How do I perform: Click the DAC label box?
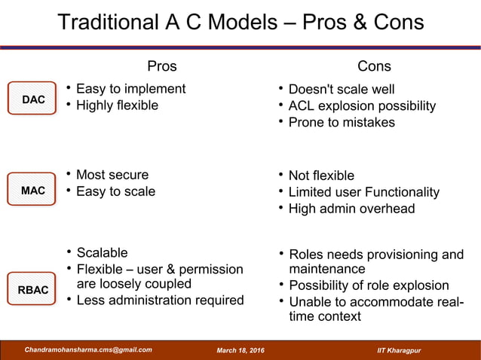point(32,99)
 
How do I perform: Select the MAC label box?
point(32,191)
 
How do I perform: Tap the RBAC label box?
point(32,290)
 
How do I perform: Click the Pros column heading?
point(162,66)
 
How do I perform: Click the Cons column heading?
point(374,66)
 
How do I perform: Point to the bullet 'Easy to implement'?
point(130,89)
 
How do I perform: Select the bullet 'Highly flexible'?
point(117,105)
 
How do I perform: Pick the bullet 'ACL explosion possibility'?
point(362,106)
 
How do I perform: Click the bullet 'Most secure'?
point(112,175)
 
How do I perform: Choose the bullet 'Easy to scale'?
point(115,191)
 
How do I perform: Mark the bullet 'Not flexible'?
point(321,175)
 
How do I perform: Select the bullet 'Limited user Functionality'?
point(364,192)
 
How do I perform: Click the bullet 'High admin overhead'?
point(351,209)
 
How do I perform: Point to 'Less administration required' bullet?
point(160,301)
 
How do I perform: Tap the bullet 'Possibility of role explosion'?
point(369,285)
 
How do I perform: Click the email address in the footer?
point(88,349)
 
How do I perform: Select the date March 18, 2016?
point(245,350)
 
